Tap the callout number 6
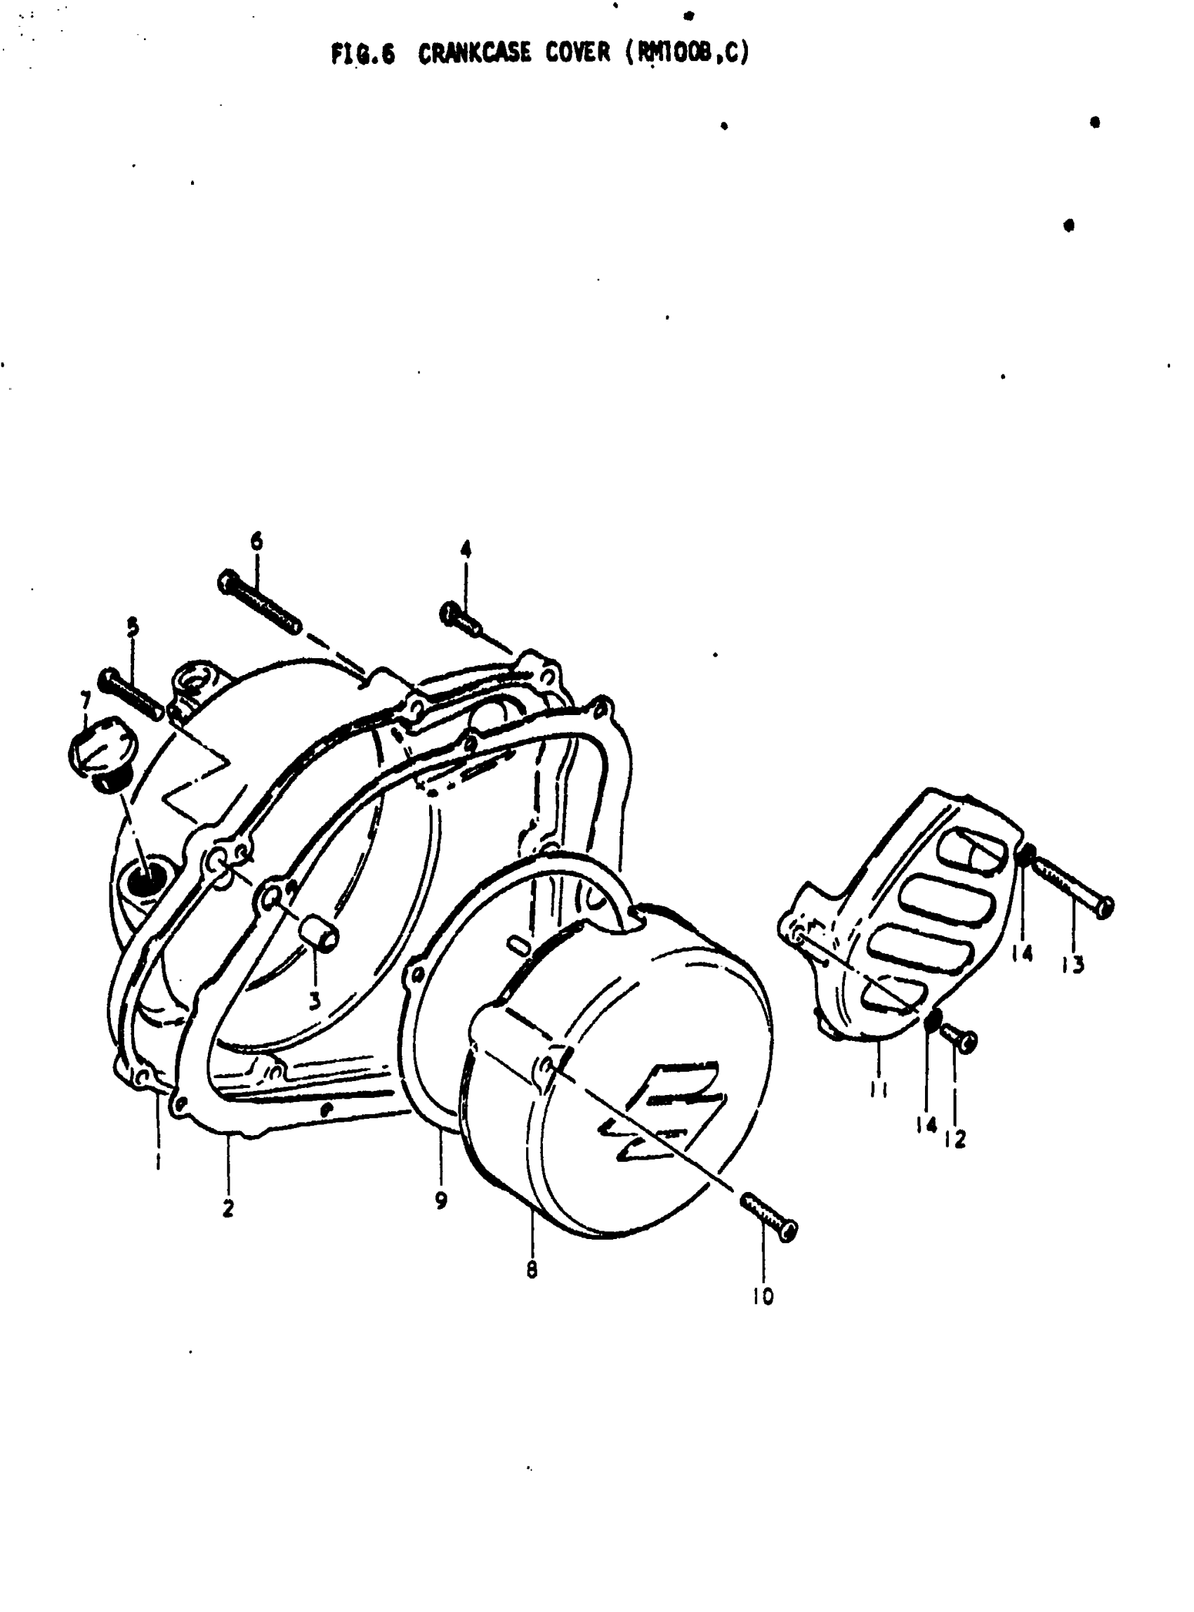[x=256, y=542]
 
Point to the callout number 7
[x=85, y=700]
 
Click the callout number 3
[x=315, y=1000]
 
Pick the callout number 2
[x=228, y=1208]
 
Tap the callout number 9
[x=441, y=1200]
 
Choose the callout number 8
[x=532, y=1269]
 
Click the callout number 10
[x=763, y=1296]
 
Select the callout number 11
[x=879, y=1089]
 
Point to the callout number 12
[x=955, y=1139]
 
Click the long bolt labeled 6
[x=258, y=602]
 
